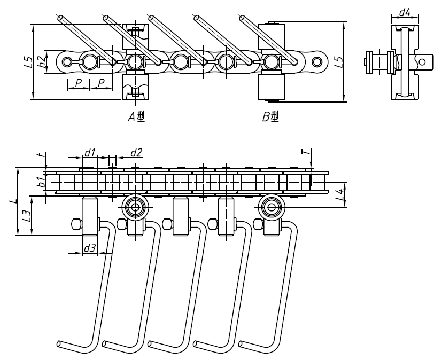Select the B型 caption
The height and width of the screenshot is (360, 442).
pyautogui.click(x=270, y=118)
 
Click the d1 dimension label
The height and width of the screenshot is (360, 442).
pyautogui.click(x=89, y=153)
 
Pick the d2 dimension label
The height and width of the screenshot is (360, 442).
pyautogui.click(x=136, y=153)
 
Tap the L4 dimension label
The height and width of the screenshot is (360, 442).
pyautogui.click(x=339, y=195)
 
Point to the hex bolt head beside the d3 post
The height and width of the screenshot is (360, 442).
pyautogui.click(x=76, y=223)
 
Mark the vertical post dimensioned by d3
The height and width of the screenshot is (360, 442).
pyautogui.click(x=90, y=216)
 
